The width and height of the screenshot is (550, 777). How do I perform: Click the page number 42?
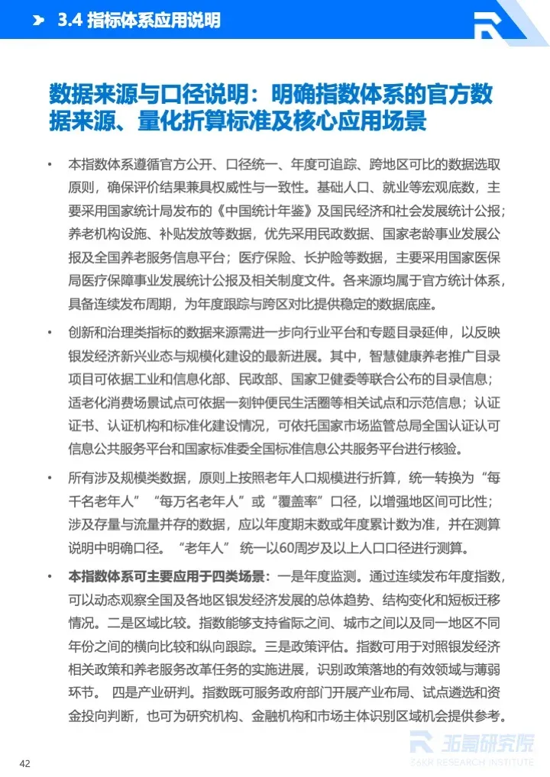(x=25, y=763)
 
